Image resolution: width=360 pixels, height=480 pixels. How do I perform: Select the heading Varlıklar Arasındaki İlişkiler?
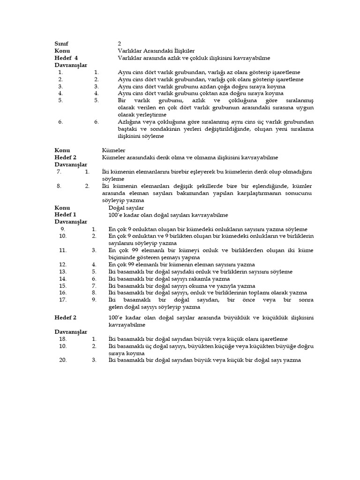click(x=156, y=51)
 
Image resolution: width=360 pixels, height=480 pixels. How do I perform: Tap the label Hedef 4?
click(x=66, y=58)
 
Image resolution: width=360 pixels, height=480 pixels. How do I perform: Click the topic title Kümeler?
click(x=113, y=150)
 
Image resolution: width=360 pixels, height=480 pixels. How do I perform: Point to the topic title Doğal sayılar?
click(x=126, y=208)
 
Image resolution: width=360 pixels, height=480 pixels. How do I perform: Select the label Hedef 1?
click(x=65, y=215)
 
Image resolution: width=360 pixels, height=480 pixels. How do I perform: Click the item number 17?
click(x=63, y=300)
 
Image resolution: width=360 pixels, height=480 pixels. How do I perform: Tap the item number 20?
click(x=63, y=360)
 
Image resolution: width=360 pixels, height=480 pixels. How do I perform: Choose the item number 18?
click(x=63, y=338)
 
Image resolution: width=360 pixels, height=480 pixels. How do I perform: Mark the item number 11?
click(x=63, y=250)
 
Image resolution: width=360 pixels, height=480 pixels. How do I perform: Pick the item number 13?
click(x=63, y=272)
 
